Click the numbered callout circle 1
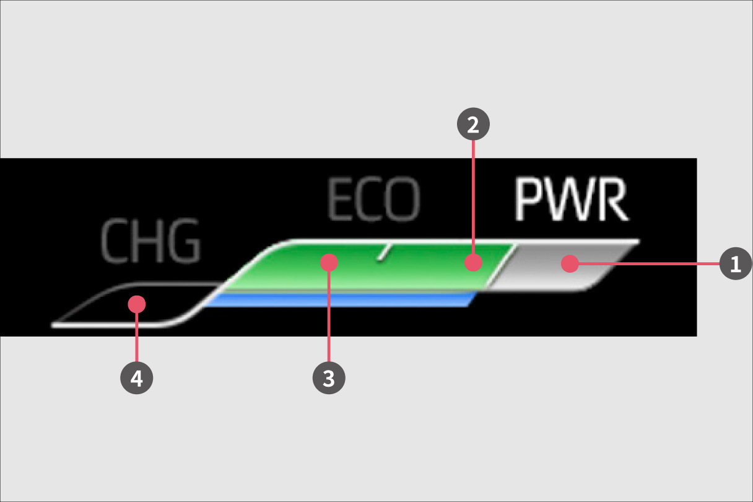point(736,263)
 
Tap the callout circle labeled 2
point(473,124)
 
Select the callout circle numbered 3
point(329,377)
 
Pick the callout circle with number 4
point(136,377)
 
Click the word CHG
point(150,240)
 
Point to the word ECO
point(373,199)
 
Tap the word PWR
point(571,199)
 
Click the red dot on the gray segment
point(570,263)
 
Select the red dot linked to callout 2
point(473,262)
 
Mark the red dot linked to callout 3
point(329,262)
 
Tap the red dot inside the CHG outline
point(136,304)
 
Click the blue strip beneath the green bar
point(339,299)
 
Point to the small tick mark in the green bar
point(384,252)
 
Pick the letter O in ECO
point(403,199)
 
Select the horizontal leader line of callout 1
point(649,264)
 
